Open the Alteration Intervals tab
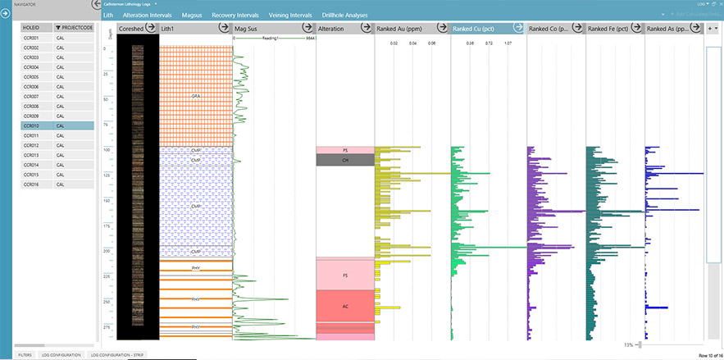[x=148, y=16]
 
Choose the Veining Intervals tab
[x=290, y=16]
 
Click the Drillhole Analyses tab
[x=344, y=16]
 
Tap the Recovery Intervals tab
[x=236, y=16]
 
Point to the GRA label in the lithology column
[x=196, y=96]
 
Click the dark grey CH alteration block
[x=345, y=161]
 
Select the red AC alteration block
[x=345, y=306]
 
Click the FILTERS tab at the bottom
[x=25, y=354]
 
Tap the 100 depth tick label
[x=105, y=150]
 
